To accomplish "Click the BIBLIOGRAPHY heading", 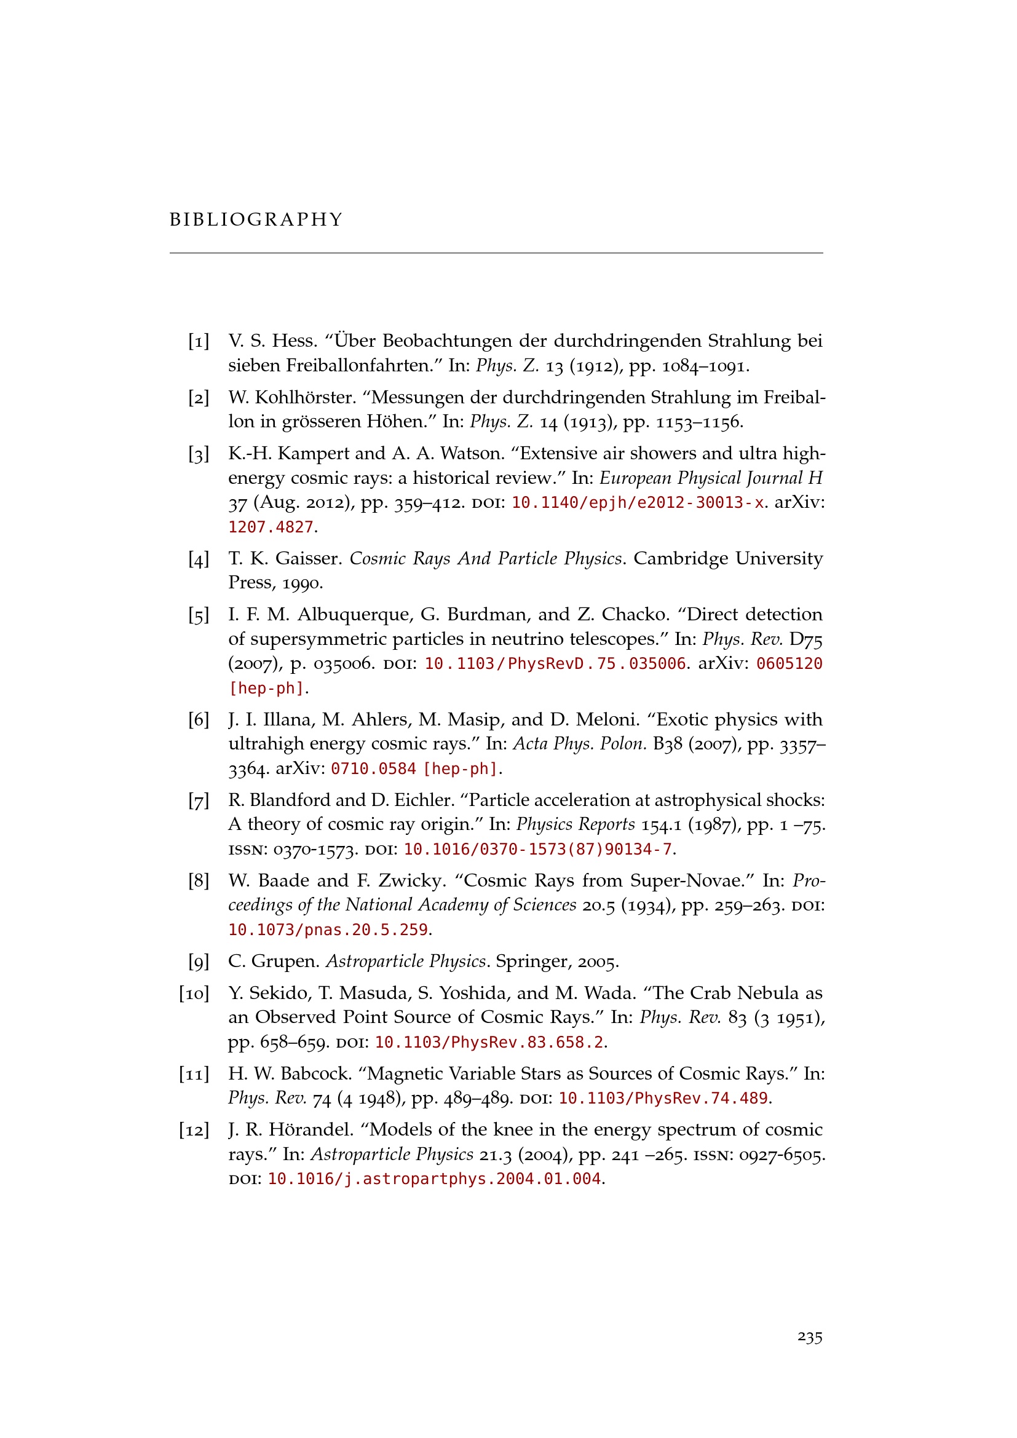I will [256, 220].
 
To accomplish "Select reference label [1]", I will [199, 341].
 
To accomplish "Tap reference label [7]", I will [199, 800].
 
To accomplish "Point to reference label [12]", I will [194, 1130].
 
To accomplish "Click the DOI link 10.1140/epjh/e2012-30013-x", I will [638, 503].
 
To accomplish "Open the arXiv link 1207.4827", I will [271, 527].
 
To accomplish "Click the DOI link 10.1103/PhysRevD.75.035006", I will [555, 664].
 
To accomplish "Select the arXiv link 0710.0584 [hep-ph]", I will [414, 768].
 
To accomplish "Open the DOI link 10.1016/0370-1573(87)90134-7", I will [538, 849].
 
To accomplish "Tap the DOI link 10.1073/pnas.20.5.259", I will [328, 930].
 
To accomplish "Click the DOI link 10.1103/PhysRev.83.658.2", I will [489, 1042].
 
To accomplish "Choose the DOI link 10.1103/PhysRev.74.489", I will [663, 1098].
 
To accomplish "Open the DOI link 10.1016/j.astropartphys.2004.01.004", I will [435, 1179].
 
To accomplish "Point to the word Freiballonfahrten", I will [360, 365].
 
